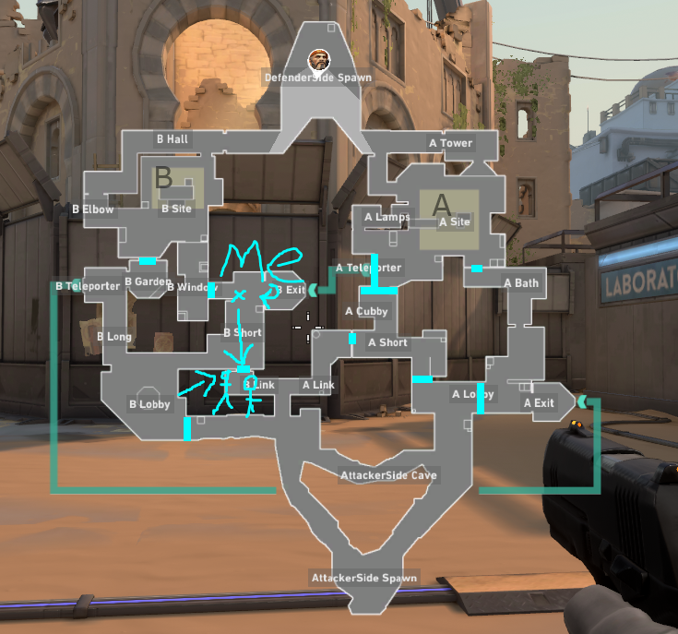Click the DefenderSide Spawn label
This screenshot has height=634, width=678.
point(317,78)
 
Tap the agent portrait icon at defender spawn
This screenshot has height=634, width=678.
point(317,58)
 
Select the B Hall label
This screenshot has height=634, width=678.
point(172,139)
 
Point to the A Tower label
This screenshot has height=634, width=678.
point(450,143)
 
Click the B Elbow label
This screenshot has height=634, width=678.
point(92,209)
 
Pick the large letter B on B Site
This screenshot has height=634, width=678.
point(163,176)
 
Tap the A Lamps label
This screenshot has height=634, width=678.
point(387,218)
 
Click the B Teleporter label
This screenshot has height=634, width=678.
point(88,286)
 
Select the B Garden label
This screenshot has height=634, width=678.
point(148,281)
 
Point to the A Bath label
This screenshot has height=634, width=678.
point(521,282)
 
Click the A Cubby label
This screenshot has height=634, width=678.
point(366,311)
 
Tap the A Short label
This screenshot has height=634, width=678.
point(387,342)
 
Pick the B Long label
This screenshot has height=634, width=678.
point(113,337)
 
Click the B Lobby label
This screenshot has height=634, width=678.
point(149,404)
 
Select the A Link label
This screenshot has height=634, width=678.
point(318,385)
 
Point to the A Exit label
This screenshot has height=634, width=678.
point(540,402)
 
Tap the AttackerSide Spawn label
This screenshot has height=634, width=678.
point(363,578)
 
